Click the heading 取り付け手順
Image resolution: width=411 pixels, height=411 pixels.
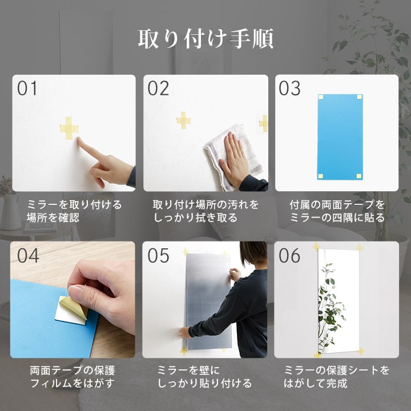[x=205, y=39]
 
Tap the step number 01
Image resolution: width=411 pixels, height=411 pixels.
[x=27, y=88]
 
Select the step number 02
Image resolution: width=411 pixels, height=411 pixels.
[x=158, y=88]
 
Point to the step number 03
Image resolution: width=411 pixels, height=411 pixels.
[x=289, y=88]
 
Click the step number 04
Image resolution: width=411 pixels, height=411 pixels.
[x=28, y=255]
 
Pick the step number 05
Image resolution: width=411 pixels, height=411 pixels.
[x=158, y=255]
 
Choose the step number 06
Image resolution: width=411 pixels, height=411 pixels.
[x=289, y=255]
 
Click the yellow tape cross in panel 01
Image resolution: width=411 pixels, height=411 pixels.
[x=69, y=128]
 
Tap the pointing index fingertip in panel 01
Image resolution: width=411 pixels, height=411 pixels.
[x=79, y=139]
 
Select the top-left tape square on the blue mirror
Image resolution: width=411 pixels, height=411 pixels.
[x=321, y=97]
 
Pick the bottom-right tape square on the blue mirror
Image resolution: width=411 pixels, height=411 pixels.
[x=359, y=176]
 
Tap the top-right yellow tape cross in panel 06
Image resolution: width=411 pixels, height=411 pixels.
[x=360, y=248]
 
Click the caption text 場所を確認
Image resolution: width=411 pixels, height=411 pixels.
[x=53, y=218]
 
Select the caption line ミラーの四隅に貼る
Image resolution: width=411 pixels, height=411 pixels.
[x=337, y=218]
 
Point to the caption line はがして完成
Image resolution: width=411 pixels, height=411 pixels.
[x=315, y=383]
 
